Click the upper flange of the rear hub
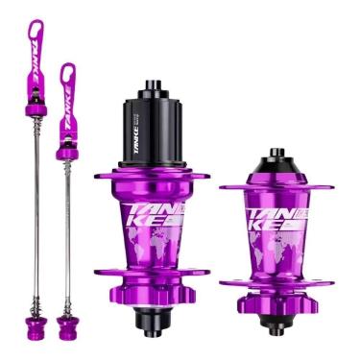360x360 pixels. click(152, 177)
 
